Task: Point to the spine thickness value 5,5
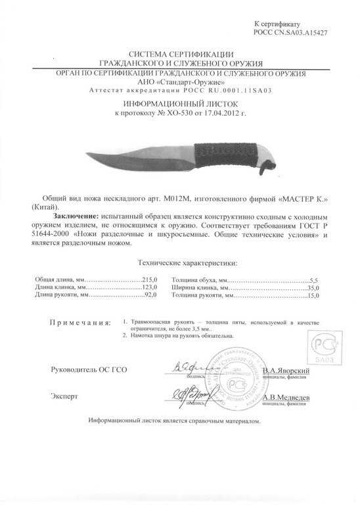coord(313,279)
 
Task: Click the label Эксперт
coord(64,397)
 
